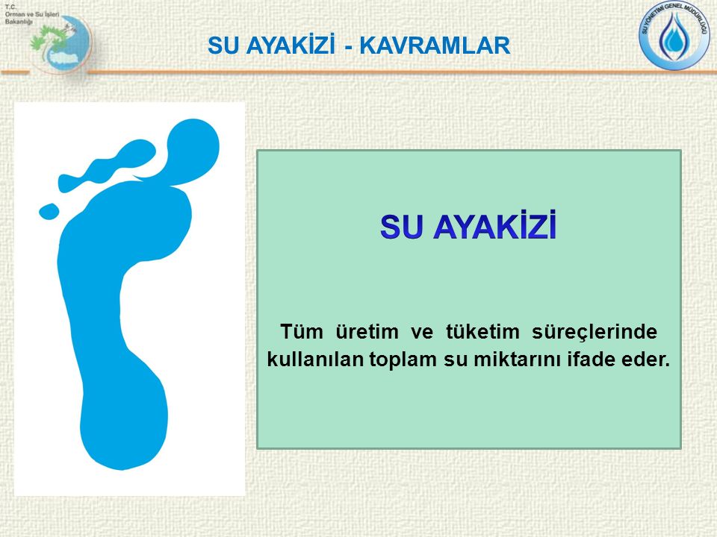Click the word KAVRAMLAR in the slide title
pyautogui.click(x=435, y=46)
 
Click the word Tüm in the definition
pyautogui.click(x=301, y=331)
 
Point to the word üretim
pyautogui.click(x=367, y=331)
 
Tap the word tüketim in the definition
pyautogui.click(x=482, y=331)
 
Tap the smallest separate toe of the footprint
pyautogui.click(x=49, y=211)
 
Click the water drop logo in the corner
pyautogui.click(x=674, y=35)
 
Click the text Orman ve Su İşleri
pyautogui.click(x=32, y=14)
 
